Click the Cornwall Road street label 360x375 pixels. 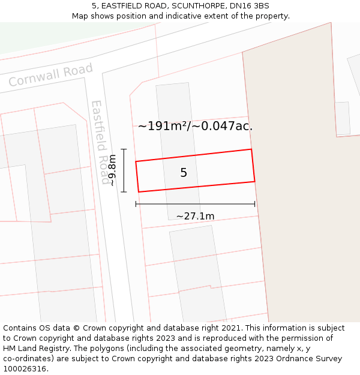51,75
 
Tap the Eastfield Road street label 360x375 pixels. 100,143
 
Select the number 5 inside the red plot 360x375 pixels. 184,173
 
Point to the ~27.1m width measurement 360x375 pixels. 195,216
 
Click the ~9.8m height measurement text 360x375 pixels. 112,170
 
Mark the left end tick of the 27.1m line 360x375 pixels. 136,204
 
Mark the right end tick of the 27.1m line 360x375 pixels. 255,204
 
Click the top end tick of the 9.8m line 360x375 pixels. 124,149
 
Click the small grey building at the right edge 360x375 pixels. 343,118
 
